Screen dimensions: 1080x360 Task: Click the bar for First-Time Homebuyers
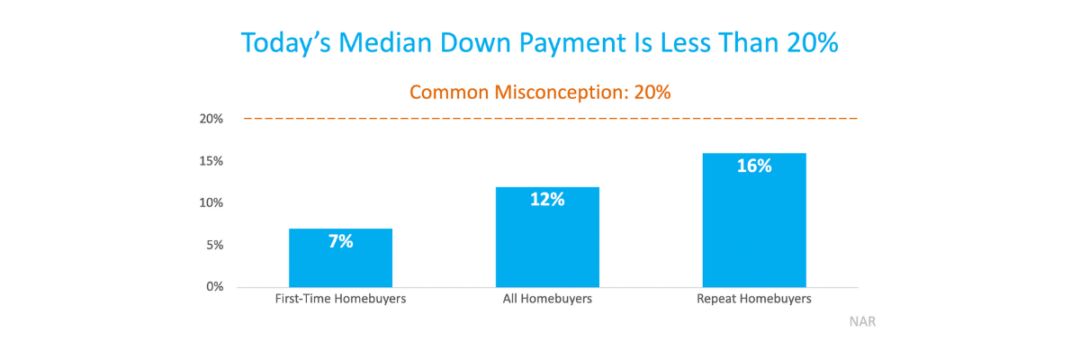[340, 257]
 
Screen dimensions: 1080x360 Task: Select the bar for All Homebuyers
[547, 237]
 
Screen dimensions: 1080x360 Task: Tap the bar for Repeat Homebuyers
[754, 220]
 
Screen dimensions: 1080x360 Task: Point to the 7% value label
[340, 241]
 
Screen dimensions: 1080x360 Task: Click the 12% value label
[547, 199]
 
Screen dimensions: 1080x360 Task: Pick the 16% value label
[754, 166]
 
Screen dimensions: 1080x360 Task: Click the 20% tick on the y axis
[211, 119]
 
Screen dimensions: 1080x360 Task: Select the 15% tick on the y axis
[211, 161]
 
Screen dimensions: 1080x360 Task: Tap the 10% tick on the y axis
[211, 202]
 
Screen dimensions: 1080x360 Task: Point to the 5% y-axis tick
[214, 246]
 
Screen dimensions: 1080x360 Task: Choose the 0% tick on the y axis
[214, 287]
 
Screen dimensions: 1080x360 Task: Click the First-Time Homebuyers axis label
[340, 299]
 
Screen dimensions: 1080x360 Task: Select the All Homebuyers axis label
[547, 299]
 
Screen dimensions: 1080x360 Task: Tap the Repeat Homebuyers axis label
[754, 299]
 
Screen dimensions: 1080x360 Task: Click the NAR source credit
[862, 321]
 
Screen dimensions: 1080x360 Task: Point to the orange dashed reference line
[551, 118]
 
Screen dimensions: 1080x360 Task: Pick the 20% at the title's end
[813, 42]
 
